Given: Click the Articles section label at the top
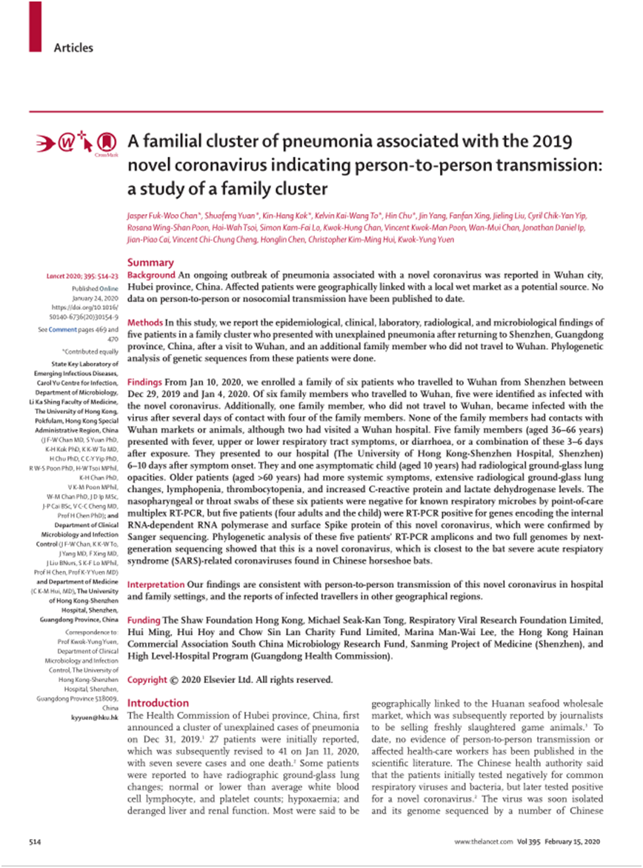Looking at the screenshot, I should point(73,48).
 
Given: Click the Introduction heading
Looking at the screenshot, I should point(159,703).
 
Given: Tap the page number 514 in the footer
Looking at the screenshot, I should point(35,844).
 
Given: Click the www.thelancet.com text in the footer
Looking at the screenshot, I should point(482,844).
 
